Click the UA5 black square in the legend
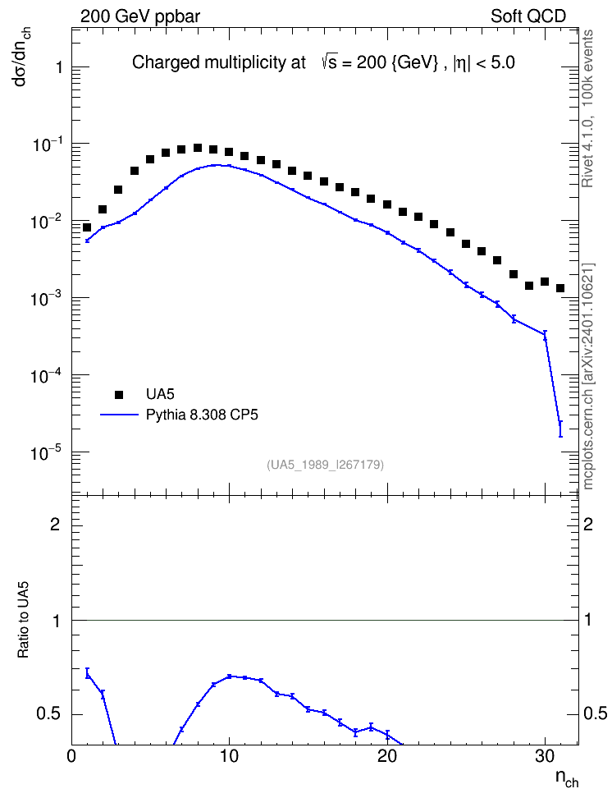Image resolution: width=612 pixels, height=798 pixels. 119,394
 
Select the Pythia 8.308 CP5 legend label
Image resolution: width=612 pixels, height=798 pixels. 202,415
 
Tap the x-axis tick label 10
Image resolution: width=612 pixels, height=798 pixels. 230,757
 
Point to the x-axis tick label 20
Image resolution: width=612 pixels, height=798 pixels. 388,757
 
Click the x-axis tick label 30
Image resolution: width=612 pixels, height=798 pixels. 546,757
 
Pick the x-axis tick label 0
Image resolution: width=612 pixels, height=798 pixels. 71,757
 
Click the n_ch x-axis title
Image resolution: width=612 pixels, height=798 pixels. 567,778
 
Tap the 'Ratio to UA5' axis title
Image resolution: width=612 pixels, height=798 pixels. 23,619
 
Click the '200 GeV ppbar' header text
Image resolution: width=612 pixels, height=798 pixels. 140,16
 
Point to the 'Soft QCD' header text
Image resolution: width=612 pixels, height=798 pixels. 528,16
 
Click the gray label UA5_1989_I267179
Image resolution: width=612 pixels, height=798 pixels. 325,465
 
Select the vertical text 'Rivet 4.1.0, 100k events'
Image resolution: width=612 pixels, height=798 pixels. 587,108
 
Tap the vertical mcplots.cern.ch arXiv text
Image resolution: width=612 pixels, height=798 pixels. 588,376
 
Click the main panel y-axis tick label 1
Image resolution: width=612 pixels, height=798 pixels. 59,67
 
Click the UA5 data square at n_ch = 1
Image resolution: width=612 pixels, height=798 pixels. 87,227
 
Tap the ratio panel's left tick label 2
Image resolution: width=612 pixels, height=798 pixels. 55,524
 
